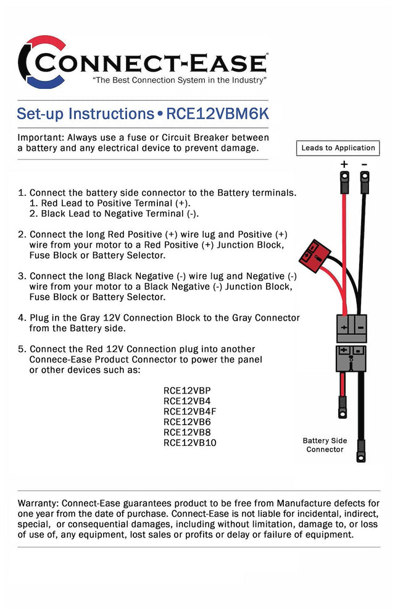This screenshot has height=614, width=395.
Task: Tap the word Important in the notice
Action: [x=40, y=137]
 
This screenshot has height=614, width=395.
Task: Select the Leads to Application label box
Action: [x=338, y=148]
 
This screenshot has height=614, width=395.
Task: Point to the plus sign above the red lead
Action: [x=344, y=164]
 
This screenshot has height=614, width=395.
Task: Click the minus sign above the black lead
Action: [x=364, y=164]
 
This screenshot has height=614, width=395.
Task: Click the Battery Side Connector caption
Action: [x=325, y=445]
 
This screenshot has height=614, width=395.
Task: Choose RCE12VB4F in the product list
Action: [x=189, y=411]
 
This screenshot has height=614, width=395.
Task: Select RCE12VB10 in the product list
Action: [x=189, y=443]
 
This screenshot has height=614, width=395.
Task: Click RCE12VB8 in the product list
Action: [x=187, y=432]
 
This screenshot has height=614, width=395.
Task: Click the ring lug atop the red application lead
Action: [x=343, y=182]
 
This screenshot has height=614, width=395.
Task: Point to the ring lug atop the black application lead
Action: [x=365, y=182]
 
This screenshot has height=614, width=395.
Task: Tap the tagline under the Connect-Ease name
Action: [x=179, y=81]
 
